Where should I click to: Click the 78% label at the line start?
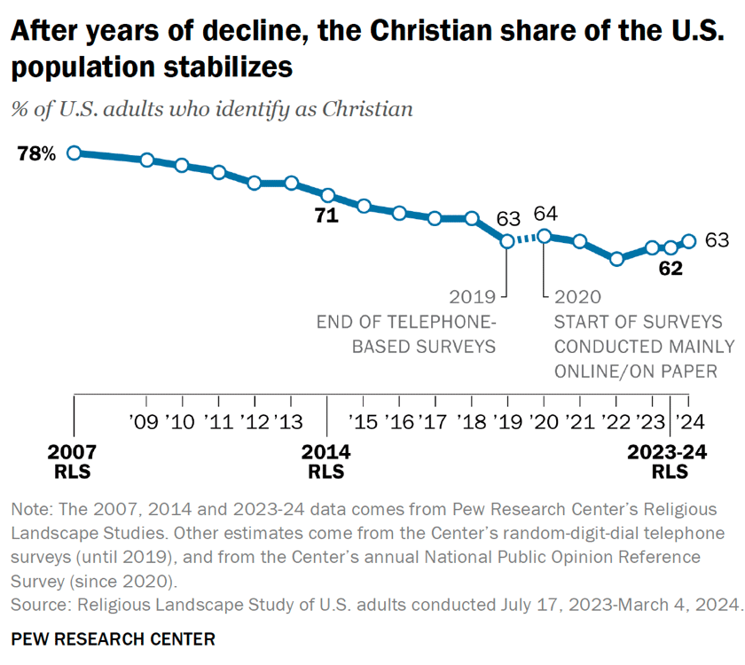[36, 154]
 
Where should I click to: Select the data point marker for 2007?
[74, 153]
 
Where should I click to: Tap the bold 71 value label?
[327, 215]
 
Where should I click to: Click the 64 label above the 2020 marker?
[545, 214]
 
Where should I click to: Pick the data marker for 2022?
[617, 259]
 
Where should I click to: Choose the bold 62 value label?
[670, 268]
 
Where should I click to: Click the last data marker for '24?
[689, 240]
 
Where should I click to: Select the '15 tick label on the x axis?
[364, 419]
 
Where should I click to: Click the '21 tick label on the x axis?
[580, 419]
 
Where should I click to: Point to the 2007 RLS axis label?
[74, 462]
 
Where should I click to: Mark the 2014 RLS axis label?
[326, 462]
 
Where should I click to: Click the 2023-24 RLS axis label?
[668, 462]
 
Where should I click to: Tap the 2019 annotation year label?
[471, 296]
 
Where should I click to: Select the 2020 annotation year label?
[577, 296]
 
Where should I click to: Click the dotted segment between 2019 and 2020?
[526, 238]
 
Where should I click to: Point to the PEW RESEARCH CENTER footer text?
[113, 638]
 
